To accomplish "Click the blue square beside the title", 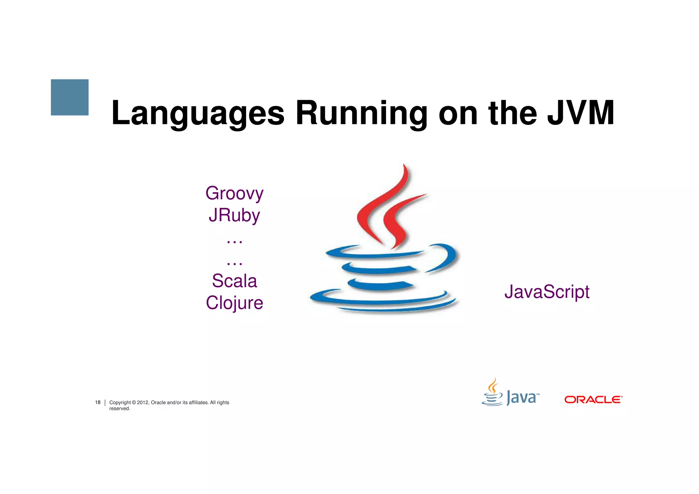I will [x=70, y=97].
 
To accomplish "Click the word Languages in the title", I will [x=198, y=113].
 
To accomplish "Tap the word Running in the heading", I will [x=361, y=113].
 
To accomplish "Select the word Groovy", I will [x=234, y=194].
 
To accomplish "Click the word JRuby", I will [x=234, y=215].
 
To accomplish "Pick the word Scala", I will [x=234, y=281].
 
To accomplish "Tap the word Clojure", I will [x=234, y=303].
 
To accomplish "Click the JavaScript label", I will [x=547, y=292].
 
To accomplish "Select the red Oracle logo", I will [x=593, y=399].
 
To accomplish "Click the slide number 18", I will [x=98, y=403].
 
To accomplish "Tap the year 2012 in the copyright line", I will [x=143, y=403].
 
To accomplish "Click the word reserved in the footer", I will [x=119, y=409].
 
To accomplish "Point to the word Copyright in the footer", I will [x=120, y=403].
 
